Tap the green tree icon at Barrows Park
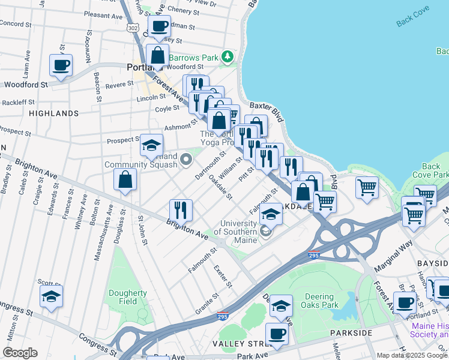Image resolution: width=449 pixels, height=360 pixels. point(228,57)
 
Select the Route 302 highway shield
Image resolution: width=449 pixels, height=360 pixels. point(133,28)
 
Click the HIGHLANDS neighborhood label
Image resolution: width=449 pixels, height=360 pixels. point(53,113)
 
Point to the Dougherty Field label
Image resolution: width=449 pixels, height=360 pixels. point(128,298)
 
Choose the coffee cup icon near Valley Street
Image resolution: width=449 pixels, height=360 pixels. point(277,334)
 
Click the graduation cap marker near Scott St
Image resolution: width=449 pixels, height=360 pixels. point(52,296)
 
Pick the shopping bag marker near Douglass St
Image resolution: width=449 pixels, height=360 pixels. point(125,179)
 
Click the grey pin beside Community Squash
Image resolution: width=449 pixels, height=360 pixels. point(186,160)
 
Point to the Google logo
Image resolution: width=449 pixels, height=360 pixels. point(20,352)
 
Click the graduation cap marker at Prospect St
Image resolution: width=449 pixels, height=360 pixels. point(152,145)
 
